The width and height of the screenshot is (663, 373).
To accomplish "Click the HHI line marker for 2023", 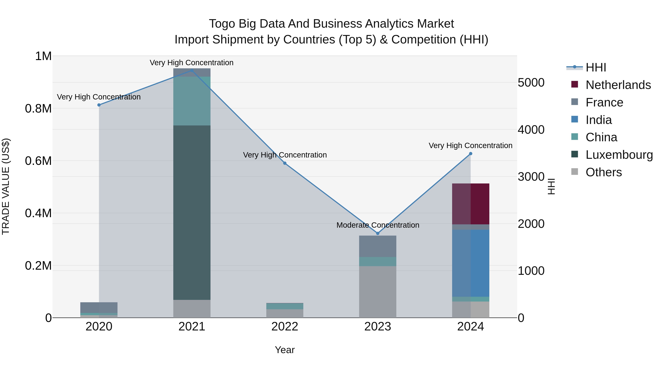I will click(x=378, y=233).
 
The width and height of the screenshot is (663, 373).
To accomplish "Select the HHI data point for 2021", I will click(x=192, y=70).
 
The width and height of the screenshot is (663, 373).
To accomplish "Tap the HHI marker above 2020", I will click(x=99, y=105).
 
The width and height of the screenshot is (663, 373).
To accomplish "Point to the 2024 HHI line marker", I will click(x=471, y=154).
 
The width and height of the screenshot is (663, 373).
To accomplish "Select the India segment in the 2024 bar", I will click(x=471, y=263).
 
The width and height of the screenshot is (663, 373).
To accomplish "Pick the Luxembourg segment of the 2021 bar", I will click(x=192, y=212).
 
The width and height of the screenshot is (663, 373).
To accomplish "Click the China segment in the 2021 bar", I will click(x=192, y=101).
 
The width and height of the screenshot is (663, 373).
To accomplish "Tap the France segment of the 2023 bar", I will click(x=378, y=246).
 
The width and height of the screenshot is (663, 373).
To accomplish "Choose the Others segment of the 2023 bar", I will click(x=378, y=292).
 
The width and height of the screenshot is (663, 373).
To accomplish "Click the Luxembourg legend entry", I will click(x=619, y=155).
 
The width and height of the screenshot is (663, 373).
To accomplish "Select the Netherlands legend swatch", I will click(x=574, y=84).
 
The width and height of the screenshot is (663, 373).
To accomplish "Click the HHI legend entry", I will click(x=596, y=67).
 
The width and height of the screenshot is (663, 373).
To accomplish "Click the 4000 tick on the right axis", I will click(x=531, y=130).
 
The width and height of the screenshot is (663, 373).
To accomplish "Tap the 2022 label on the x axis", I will click(x=285, y=327).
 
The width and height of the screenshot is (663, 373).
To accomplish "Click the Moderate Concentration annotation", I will click(x=378, y=225).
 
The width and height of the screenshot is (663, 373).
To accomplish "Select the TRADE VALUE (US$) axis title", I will click(x=6, y=186).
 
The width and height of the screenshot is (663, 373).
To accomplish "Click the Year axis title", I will click(x=285, y=350).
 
